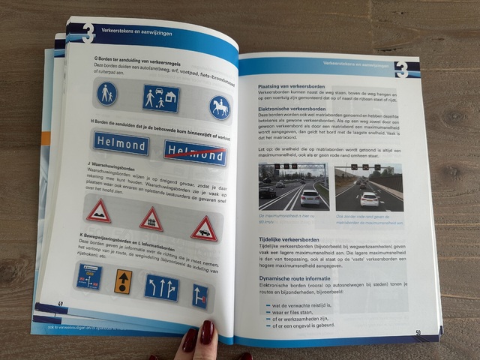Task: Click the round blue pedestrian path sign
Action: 107,94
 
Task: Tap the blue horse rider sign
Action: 220,107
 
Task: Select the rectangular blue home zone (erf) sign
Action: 161,98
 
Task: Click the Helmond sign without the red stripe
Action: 121,144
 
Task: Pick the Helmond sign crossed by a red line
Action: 195,153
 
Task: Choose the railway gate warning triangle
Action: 151,219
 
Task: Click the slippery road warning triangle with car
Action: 203,228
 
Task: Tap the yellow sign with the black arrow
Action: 122,281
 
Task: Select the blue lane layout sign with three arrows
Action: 161,287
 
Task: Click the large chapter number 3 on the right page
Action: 401,68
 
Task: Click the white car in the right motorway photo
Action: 369,199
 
